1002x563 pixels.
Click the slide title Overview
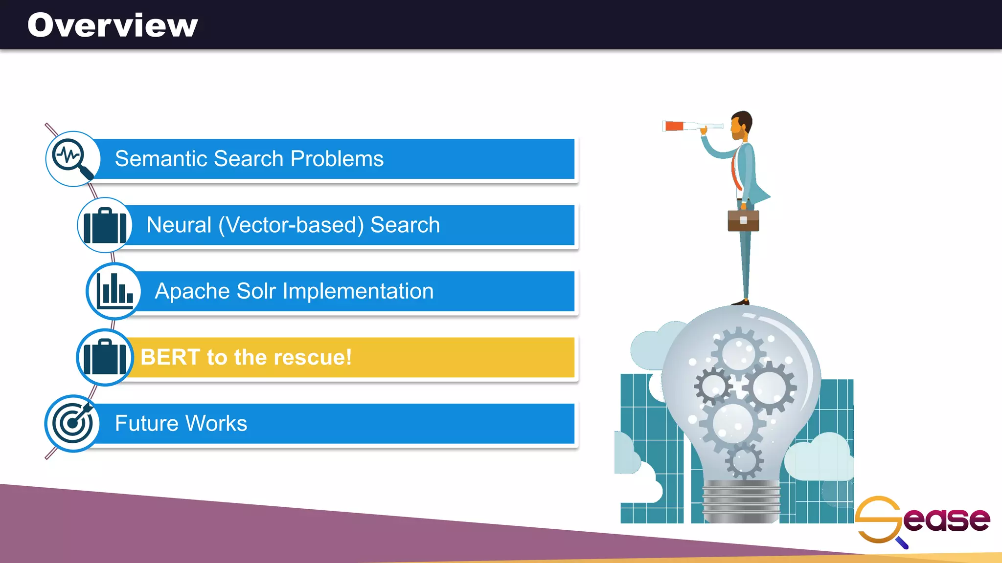pyautogui.click(x=113, y=25)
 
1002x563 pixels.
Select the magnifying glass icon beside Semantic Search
pyautogui.click(x=73, y=159)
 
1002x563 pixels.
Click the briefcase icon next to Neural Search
pyautogui.click(x=105, y=225)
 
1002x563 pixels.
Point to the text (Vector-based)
pyautogui.click(x=291, y=225)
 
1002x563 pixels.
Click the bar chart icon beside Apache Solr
pyautogui.click(x=114, y=291)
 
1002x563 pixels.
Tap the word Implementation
pyautogui.click(x=358, y=291)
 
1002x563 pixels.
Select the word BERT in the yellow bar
pyautogui.click(x=170, y=357)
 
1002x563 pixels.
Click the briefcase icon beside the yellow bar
pyautogui.click(x=105, y=357)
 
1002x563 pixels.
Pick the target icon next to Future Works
pyautogui.click(x=72, y=423)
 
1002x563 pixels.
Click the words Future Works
pyautogui.click(x=181, y=423)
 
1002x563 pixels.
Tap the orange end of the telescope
pyautogui.click(x=674, y=126)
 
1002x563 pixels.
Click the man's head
pyautogui.click(x=741, y=125)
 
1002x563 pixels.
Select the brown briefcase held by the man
pyautogui.click(x=743, y=220)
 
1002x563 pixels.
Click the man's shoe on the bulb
pyautogui.click(x=741, y=303)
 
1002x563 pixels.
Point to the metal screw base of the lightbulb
pyautogui.click(x=741, y=501)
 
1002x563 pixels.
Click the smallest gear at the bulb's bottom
pyautogui.click(x=744, y=460)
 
